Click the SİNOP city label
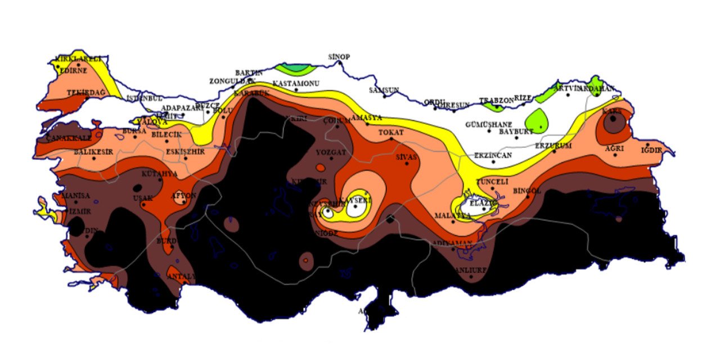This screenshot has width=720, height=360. coord(339,57)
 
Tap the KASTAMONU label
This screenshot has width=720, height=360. coord(296,84)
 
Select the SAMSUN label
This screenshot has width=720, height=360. coord(384,90)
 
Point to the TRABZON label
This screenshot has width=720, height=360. coord(497,101)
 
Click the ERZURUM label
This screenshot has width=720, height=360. coord(553,146)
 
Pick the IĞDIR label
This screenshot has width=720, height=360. coord(652,150)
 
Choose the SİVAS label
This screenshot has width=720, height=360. coord(407,157)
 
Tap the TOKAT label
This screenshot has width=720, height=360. coord(391,132)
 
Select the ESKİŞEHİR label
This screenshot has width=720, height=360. coord(186,151)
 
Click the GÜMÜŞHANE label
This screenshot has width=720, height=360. coord(489,124)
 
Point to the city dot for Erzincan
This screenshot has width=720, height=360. coord(494,161)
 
